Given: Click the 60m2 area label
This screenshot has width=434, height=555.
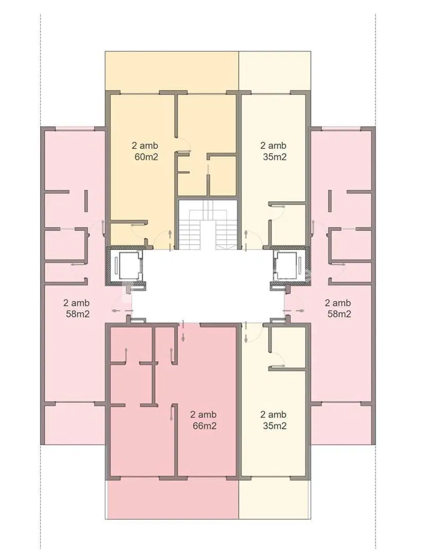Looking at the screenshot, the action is click(x=147, y=157).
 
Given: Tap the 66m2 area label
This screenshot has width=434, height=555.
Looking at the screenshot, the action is click(x=205, y=425).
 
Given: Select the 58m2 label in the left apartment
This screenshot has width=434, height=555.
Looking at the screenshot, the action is click(x=78, y=313).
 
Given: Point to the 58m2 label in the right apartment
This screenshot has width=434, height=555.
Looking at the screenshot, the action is click(x=339, y=313).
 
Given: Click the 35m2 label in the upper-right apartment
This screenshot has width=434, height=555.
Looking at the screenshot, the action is click(x=275, y=157).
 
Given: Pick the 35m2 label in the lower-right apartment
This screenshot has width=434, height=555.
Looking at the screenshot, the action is click(x=275, y=425).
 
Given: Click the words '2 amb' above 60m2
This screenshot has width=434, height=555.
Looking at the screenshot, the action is click(x=145, y=145).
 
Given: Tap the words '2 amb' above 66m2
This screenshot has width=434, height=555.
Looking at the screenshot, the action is click(x=203, y=414).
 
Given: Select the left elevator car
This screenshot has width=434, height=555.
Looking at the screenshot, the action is click(x=126, y=266).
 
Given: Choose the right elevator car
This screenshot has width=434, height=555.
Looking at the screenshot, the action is click(x=291, y=266).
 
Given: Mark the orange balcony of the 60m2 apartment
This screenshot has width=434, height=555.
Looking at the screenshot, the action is click(x=172, y=71).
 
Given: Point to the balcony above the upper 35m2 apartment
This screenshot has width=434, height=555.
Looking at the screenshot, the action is click(x=275, y=71).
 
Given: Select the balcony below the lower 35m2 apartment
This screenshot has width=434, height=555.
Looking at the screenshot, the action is click(x=275, y=499).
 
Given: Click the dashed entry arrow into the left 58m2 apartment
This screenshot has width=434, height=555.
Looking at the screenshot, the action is click(x=122, y=311).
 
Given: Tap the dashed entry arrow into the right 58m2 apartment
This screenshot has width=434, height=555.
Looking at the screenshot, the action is click(x=294, y=311).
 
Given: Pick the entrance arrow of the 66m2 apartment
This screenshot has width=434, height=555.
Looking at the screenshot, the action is click(x=183, y=331).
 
